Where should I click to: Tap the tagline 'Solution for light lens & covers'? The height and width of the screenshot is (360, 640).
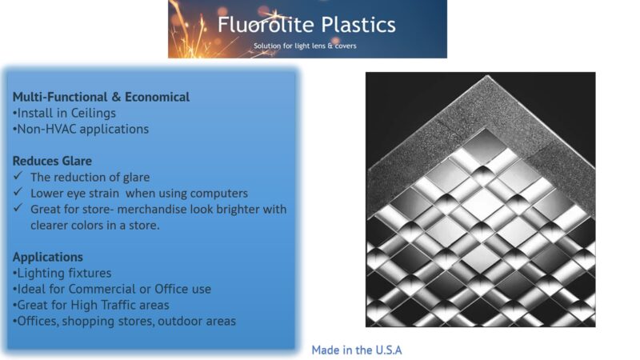[305, 46]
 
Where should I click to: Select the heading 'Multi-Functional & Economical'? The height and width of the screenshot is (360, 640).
[101, 97]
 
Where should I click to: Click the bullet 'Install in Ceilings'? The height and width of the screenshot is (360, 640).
[64, 113]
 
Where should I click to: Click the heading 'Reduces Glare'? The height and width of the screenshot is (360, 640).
[52, 161]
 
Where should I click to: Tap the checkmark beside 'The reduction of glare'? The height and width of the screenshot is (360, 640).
[18, 177]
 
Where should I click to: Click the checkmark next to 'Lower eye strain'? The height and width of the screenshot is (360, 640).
[18, 193]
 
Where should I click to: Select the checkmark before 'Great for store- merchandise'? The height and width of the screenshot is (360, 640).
[18, 209]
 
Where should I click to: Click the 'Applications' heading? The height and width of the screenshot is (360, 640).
[47, 257]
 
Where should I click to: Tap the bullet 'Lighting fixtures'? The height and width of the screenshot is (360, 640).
[62, 273]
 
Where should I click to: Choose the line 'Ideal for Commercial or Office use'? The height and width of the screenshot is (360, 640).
[111, 289]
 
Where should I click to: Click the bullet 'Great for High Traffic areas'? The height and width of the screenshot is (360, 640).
[90, 305]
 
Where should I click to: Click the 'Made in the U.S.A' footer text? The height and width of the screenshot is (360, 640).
[357, 350]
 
